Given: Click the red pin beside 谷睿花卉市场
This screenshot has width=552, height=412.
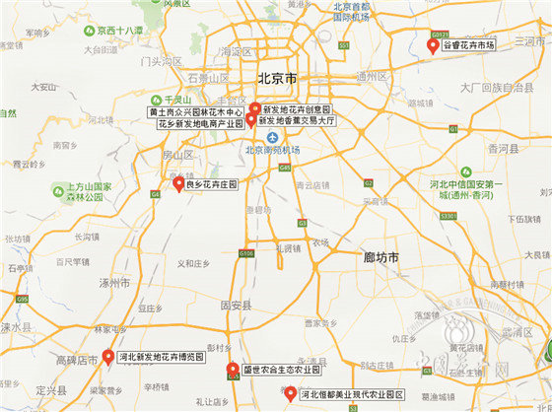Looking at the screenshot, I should (431, 44).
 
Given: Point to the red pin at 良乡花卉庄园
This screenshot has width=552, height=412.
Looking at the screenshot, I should (178, 182).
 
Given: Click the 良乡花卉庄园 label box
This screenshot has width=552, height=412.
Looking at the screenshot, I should (212, 183).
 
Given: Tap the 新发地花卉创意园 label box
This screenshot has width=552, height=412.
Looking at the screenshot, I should (297, 109).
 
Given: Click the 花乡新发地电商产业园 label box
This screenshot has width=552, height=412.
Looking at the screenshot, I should (200, 124).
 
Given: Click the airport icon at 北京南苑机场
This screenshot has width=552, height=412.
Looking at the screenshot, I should (255, 137).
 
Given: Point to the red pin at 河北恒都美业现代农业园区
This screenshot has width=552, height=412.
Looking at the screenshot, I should (291, 394).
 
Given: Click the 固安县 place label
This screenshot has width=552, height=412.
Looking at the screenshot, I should (237, 307).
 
